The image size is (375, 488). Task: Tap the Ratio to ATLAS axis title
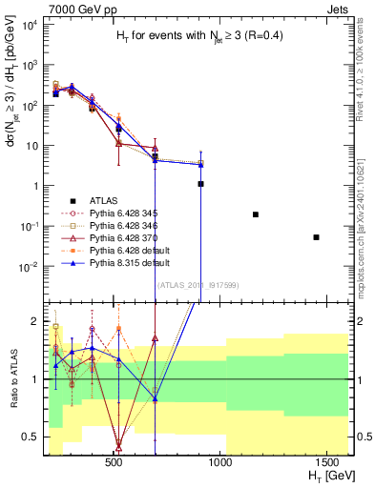tap(12, 379)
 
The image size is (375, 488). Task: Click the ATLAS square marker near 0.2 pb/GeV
tap(255, 214)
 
